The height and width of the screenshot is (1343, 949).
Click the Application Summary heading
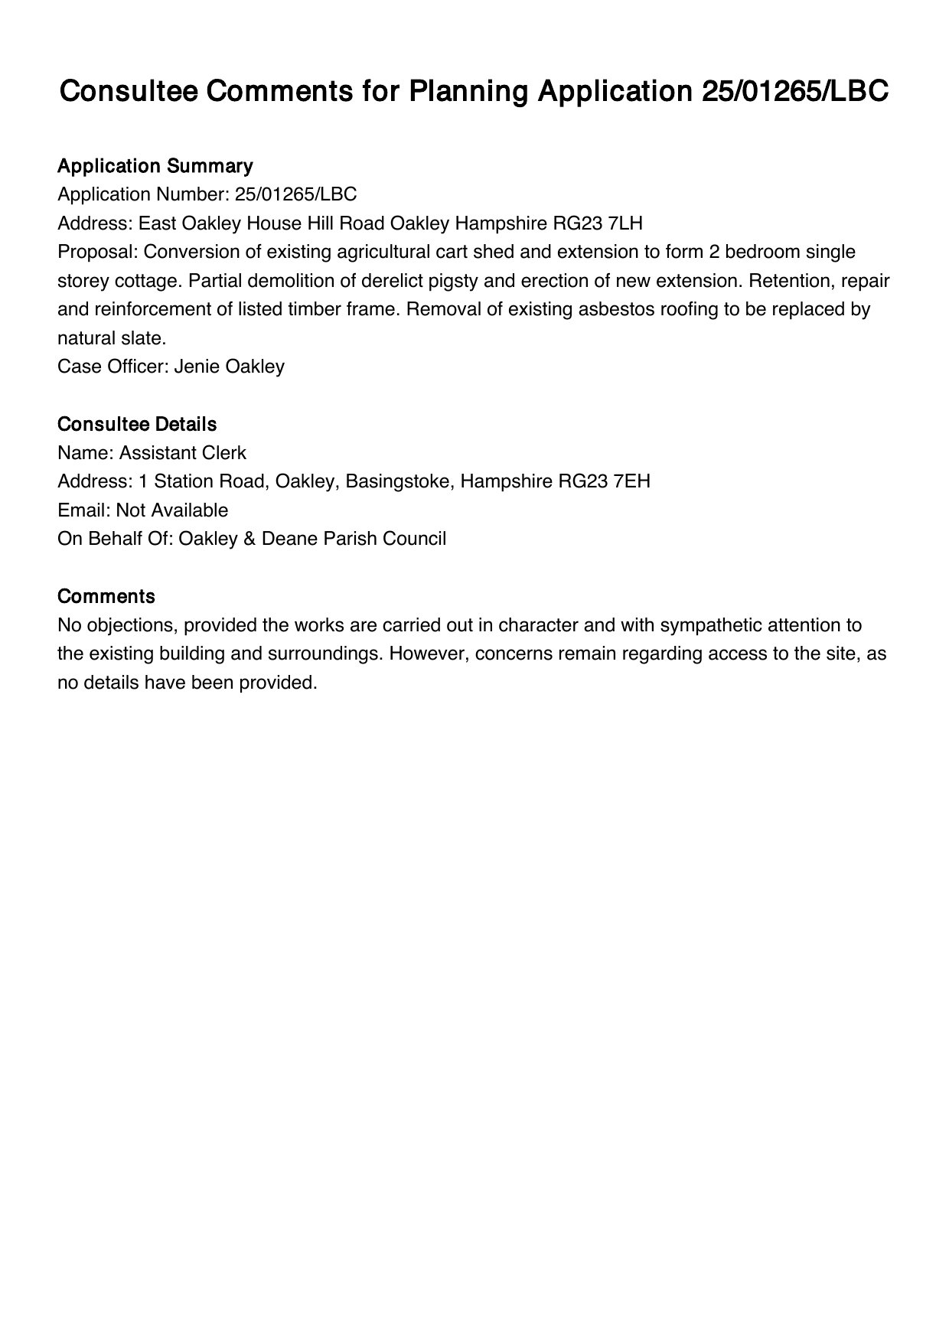pyautogui.click(x=155, y=166)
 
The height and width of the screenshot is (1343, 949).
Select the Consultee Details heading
pyautogui.click(x=137, y=424)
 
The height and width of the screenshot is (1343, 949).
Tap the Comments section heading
pyautogui.click(x=106, y=596)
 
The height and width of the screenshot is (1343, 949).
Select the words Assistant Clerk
pyautogui.click(x=183, y=453)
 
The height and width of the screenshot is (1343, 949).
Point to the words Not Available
pyautogui.click(x=172, y=510)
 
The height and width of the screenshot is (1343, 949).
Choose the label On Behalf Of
pyautogui.click(x=115, y=539)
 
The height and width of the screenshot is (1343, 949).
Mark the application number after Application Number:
pyautogui.click(x=295, y=194)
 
